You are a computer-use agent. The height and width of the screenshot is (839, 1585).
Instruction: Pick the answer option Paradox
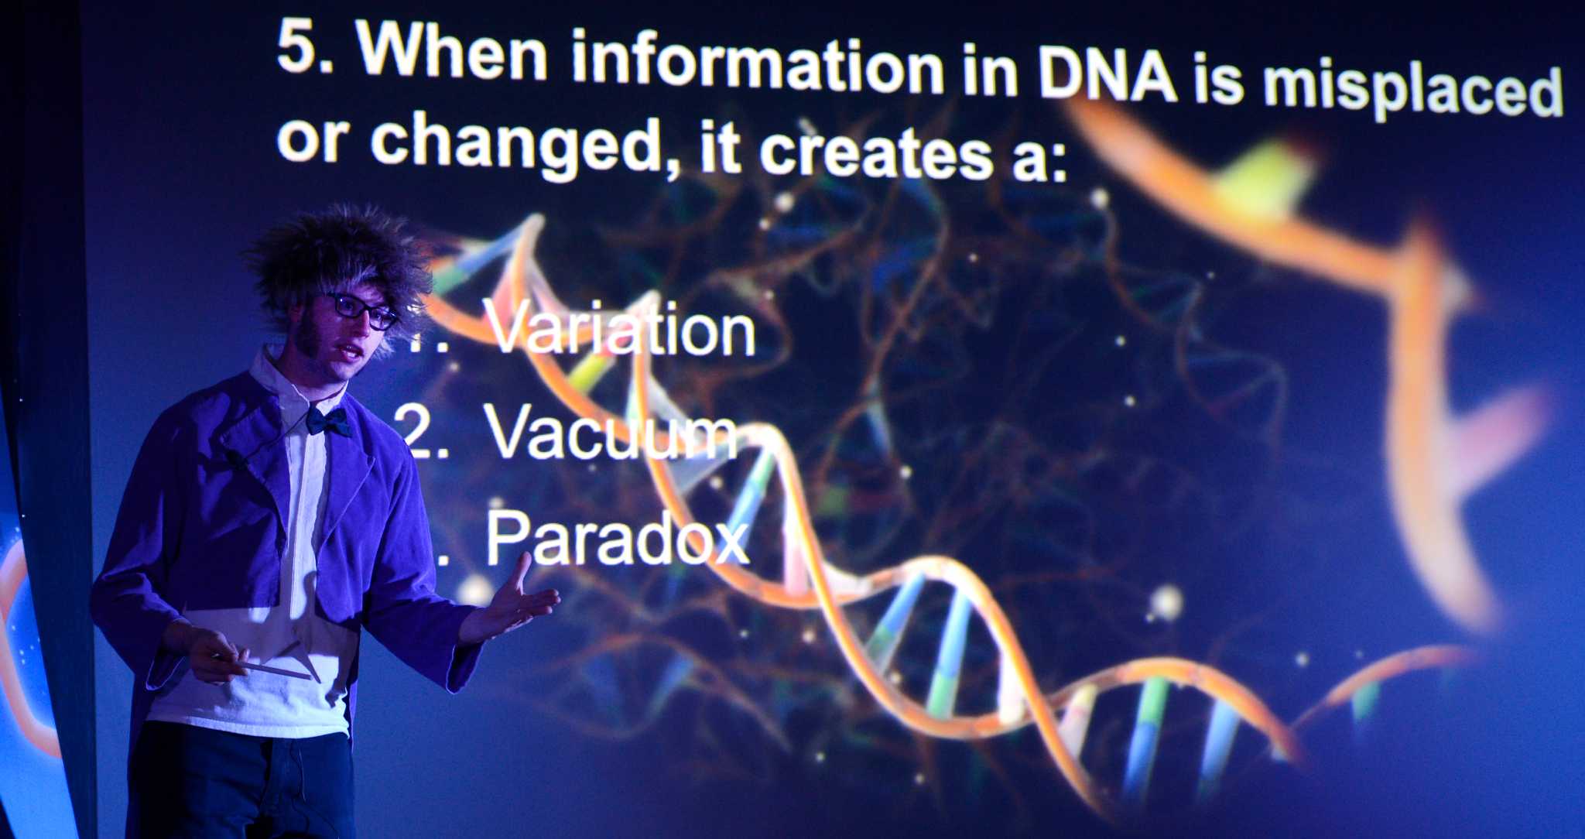click(618, 537)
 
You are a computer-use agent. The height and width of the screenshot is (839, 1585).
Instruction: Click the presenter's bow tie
click(327, 421)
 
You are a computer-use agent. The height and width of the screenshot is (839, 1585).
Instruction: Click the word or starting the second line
click(308, 139)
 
